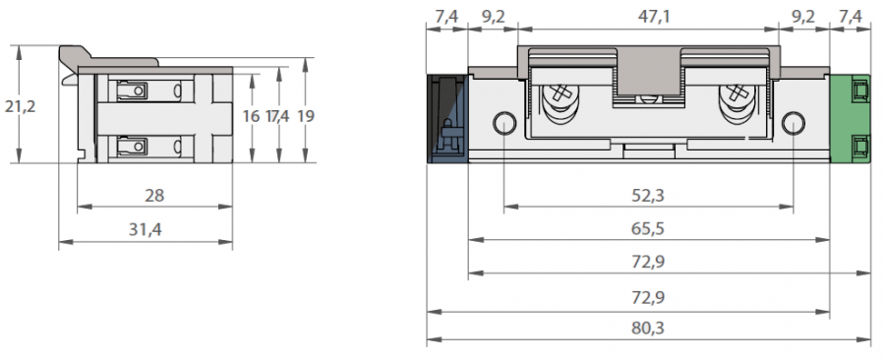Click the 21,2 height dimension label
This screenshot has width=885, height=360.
20,106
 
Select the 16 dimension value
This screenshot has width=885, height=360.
251,116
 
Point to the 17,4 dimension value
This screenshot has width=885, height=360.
277,116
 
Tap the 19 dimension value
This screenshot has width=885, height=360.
306,116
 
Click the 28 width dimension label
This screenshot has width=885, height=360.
154,196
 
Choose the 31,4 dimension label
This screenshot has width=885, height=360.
146,229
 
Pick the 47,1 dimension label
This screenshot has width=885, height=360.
654,17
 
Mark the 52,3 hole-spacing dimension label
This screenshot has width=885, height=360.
648,196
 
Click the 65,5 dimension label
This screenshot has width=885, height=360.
648,228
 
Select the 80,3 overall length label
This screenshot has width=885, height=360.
648,328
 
